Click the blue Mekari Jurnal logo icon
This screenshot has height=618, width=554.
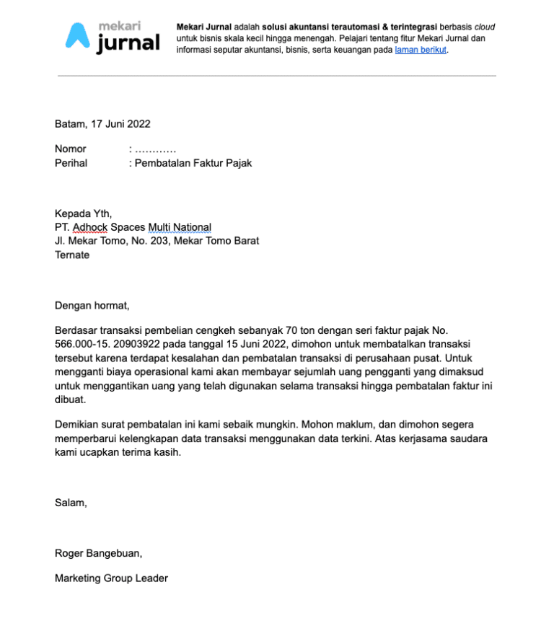(77, 35)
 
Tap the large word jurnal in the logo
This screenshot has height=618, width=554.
(128, 43)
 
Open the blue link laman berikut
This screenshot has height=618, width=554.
(421, 50)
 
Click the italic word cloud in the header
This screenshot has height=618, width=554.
(484, 27)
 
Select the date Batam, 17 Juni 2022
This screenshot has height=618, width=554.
(102, 123)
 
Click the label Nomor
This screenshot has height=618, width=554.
(71, 149)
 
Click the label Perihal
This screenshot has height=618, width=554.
(71, 163)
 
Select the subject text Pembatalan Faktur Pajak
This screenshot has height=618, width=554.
(193, 163)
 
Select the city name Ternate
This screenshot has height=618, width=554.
(72, 255)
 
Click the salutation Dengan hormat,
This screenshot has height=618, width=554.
(92, 305)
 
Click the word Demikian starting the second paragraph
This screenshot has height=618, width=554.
(78, 425)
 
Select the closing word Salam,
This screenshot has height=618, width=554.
(71, 503)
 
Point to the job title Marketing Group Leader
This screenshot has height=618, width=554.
(111, 578)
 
